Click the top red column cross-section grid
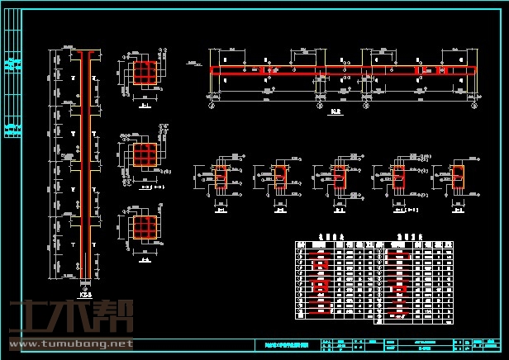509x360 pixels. [x=145, y=73]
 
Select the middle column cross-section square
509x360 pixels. [x=145, y=154]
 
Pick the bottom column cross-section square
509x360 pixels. [x=145, y=225]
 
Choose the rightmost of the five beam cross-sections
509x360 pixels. [x=458, y=176]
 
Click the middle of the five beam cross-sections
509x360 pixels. [x=340, y=178]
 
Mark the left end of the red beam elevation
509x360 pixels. [x=213, y=71]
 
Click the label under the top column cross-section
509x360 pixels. [x=145, y=105]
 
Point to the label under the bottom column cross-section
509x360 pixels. [x=145, y=260]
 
